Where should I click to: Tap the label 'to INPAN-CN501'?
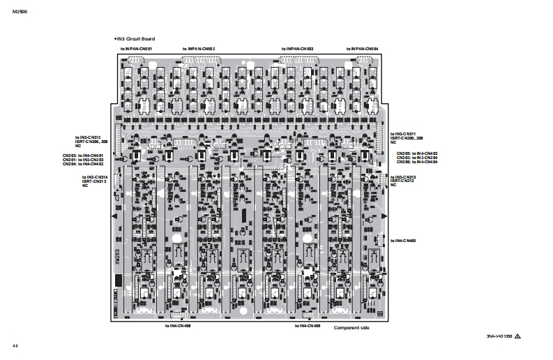(x=136, y=49)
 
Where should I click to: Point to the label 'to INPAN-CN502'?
(x=199, y=49)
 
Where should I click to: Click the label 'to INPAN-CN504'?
(x=363, y=49)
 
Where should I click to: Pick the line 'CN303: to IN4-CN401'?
(x=83, y=155)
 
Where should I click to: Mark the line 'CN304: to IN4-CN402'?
(x=83, y=163)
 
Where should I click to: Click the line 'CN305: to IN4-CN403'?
(x=418, y=153)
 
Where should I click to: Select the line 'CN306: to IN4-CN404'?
(x=418, y=162)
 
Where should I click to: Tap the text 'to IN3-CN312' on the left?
(x=88, y=137)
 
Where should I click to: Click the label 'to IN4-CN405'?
(x=404, y=241)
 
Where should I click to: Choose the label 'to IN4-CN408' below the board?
(x=178, y=326)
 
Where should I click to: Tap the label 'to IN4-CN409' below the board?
(x=307, y=326)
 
